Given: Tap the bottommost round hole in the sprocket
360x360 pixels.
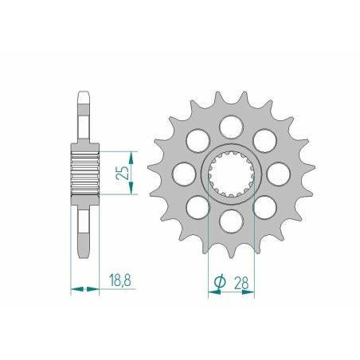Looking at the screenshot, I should pos(231,219).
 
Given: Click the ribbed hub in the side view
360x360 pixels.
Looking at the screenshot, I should pos(84,170).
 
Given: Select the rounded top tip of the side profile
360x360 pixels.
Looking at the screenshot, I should pos(84,96).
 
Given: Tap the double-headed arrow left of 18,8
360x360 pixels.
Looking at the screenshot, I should pos(84,288).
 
